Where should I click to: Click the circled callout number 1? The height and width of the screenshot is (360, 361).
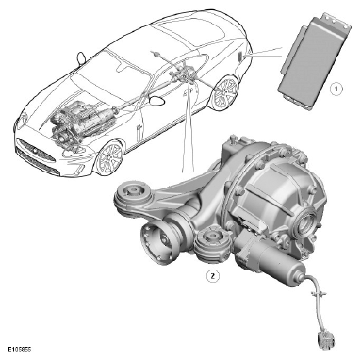tap(336, 89)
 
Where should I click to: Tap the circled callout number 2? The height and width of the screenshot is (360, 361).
tap(213, 276)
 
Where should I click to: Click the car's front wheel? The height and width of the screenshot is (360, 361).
tap(109, 157)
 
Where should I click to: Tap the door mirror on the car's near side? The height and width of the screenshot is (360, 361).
tap(156, 101)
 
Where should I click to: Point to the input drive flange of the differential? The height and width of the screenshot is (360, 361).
tap(157, 242)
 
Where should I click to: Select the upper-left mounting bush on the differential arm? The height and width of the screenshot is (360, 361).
tap(133, 195)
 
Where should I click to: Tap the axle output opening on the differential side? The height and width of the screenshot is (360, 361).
tap(307, 223)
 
